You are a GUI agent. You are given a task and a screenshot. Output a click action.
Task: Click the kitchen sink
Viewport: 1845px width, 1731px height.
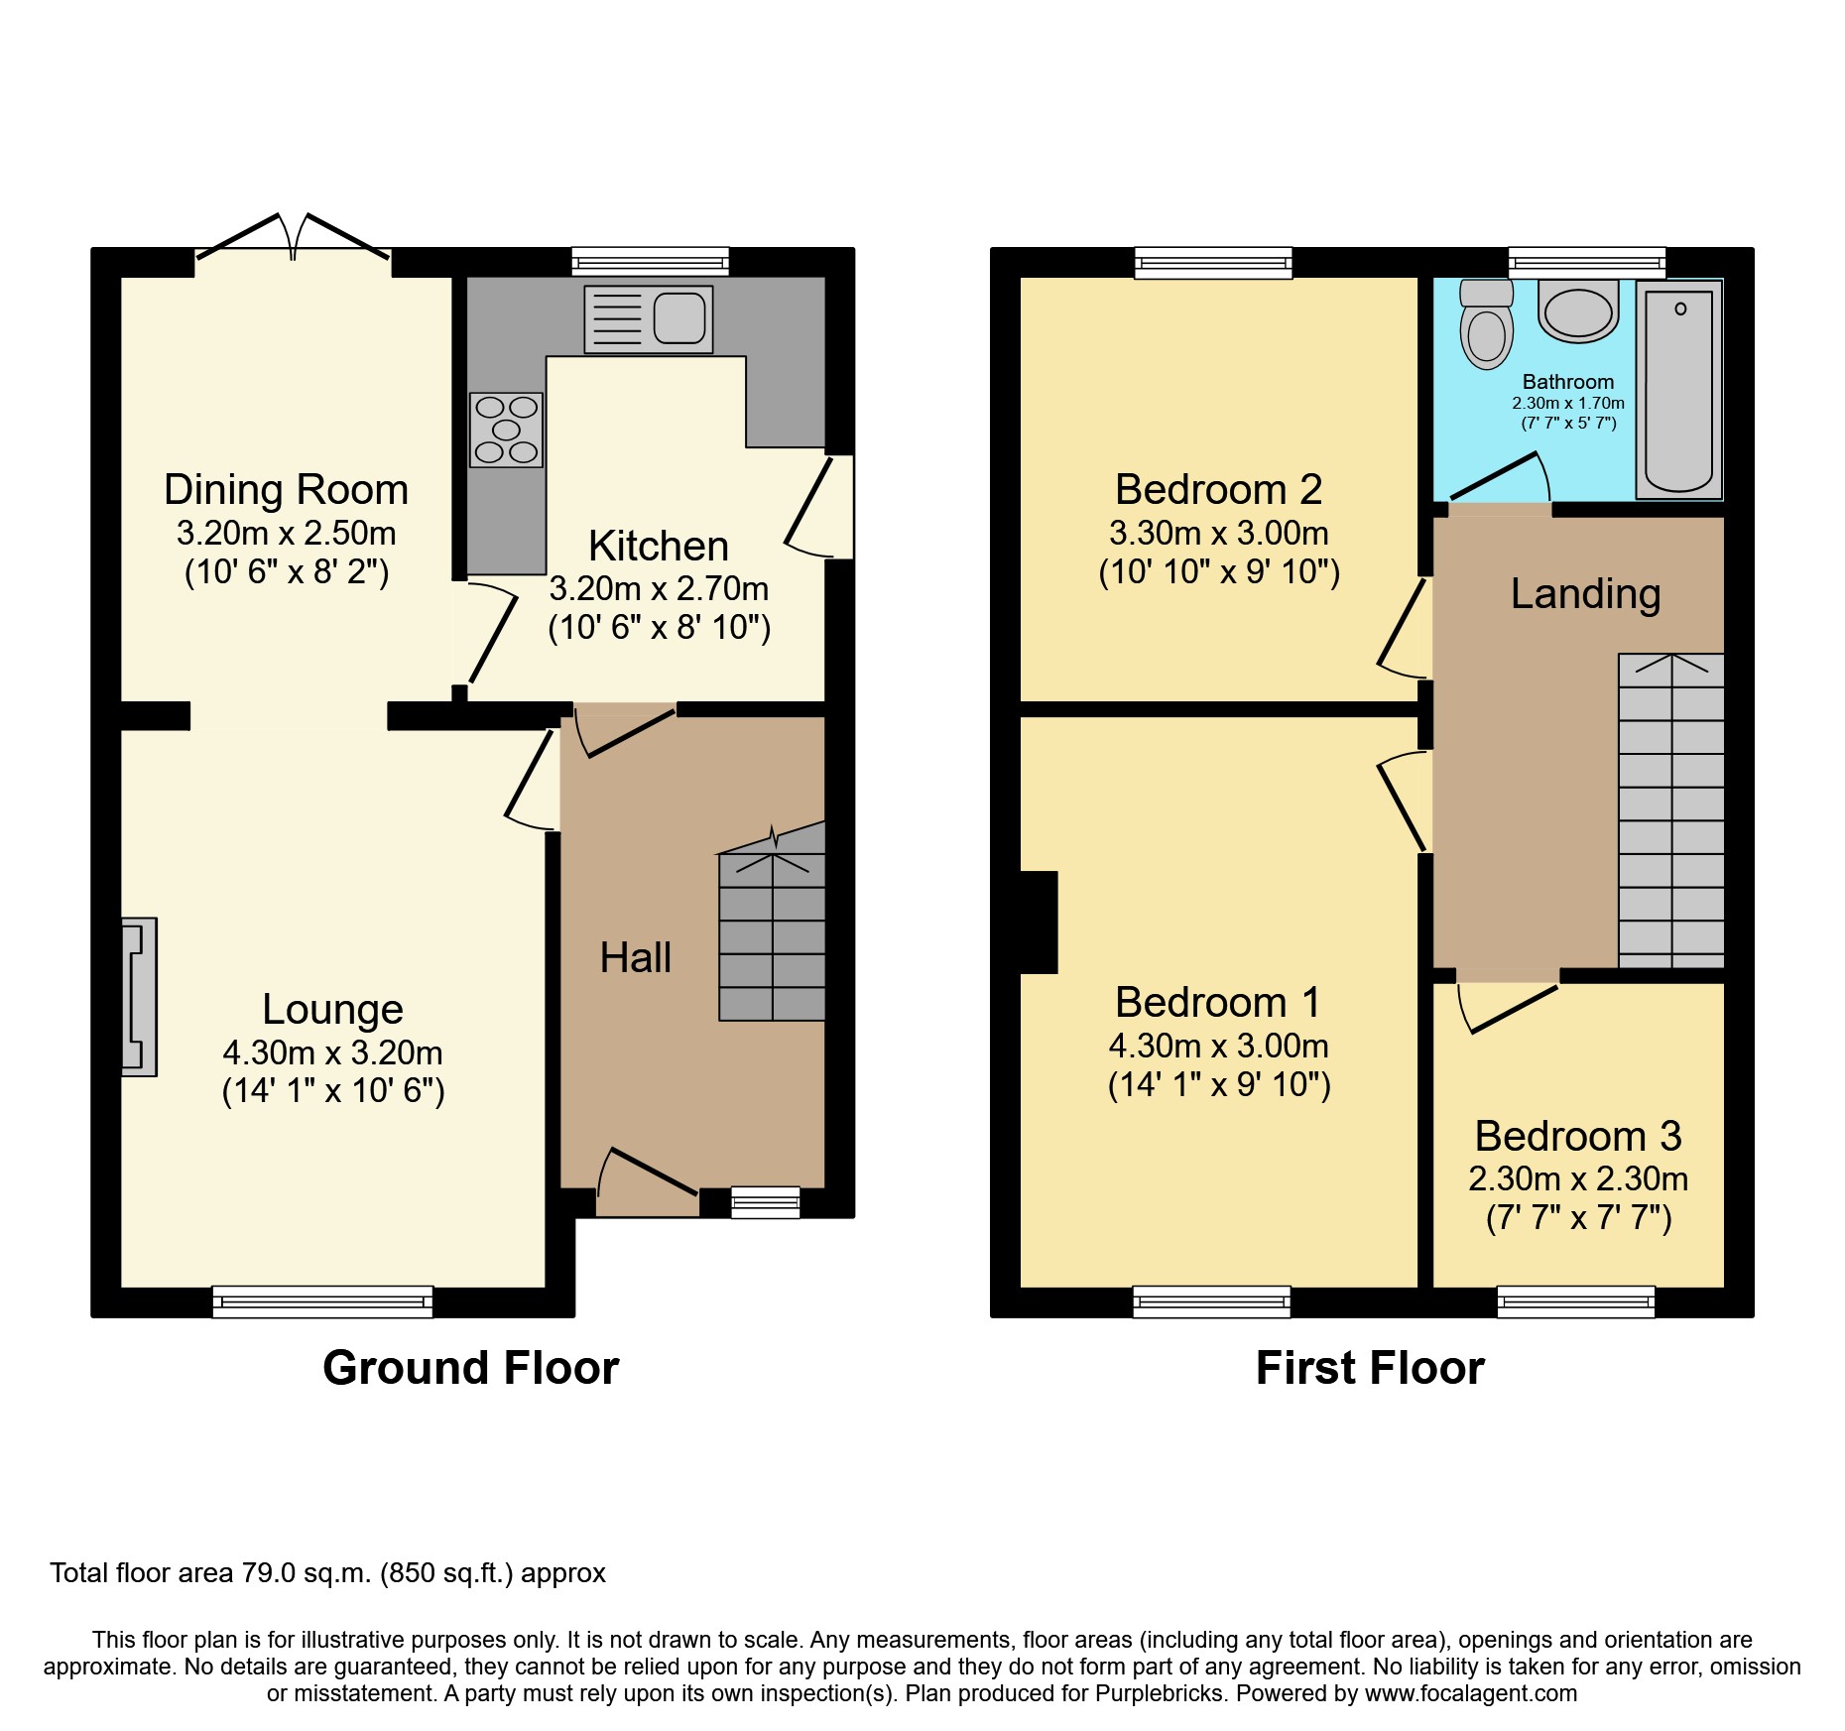pyautogui.click(x=649, y=319)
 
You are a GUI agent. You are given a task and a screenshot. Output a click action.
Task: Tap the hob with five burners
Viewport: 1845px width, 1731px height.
pyautogui.click(x=506, y=430)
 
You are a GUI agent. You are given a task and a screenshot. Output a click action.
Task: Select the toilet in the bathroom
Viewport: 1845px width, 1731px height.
pyautogui.click(x=1486, y=325)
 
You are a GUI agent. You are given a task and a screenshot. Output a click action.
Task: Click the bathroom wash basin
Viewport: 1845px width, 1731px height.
pyautogui.click(x=1578, y=311)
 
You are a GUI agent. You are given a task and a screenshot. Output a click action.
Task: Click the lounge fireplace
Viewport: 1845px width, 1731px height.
pyautogui.click(x=139, y=996)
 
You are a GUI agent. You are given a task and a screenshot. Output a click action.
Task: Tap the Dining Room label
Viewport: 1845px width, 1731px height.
pyautogui.click(x=286, y=490)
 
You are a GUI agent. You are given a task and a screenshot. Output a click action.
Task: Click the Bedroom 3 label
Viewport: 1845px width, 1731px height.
pyautogui.click(x=1577, y=1136)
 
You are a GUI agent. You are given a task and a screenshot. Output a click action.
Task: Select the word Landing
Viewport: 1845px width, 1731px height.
pyautogui.click(x=1585, y=594)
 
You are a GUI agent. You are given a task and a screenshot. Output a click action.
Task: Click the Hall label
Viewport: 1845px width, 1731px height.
pyautogui.click(x=636, y=958)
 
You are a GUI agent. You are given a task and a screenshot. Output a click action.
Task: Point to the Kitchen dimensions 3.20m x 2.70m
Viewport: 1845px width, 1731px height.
pyautogui.click(x=659, y=589)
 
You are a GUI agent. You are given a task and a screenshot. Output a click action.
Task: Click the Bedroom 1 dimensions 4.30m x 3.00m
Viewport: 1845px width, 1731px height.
pyautogui.click(x=1218, y=1046)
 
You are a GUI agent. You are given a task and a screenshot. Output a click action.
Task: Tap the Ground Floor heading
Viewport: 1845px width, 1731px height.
pyautogui.click(x=470, y=1368)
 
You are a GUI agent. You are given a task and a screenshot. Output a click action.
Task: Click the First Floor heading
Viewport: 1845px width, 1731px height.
pyautogui.click(x=1369, y=1368)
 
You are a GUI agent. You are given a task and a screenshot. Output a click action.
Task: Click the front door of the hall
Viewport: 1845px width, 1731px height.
pyautogui.click(x=649, y=1182)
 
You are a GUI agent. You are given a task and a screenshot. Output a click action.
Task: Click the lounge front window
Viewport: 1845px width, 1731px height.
pyautogui.click(x=322, y=1300)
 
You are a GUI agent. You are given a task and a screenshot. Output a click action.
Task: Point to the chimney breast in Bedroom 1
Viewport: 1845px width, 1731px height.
pyautogui.click(x=1038, y=922)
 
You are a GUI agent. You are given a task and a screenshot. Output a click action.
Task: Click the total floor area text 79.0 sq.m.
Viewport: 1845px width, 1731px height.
pyautogui.click(x=327, y=1573)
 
